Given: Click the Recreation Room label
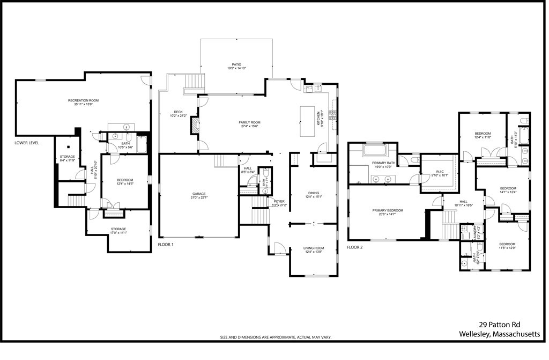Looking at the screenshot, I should point(83,102).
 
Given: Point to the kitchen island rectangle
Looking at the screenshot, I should point(307,122).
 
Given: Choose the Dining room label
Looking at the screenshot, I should point(314,194).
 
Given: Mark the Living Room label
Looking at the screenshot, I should point(314,249).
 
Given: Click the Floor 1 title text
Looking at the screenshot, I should point(166,245).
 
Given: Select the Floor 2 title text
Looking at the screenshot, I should point(355,247).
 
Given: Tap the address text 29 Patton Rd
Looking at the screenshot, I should point(499,325).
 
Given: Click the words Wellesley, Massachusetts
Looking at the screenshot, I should point(499,334).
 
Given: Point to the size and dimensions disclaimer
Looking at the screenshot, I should point(276,337).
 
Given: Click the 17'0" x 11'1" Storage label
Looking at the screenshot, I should point(118,231).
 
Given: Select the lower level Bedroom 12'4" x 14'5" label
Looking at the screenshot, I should point(125,182).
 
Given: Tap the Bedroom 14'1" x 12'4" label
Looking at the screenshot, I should point(508,190).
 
